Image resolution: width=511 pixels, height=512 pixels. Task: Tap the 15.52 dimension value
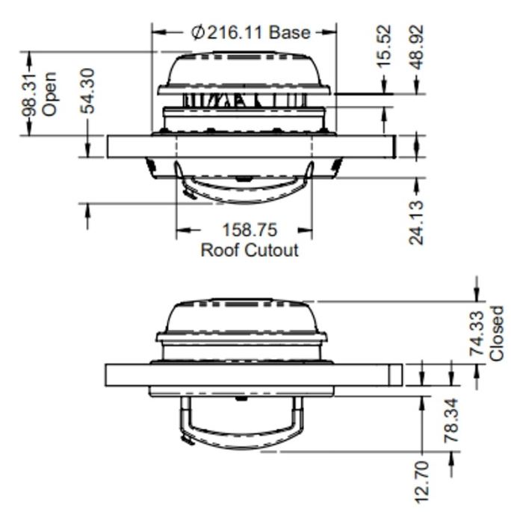pyautogui.click(x=383, y=46)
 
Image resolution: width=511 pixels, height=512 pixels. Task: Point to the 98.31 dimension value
pyautogui.click(x=29, y=93)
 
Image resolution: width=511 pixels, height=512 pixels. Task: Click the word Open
pyautogui.click(x=49, y=94)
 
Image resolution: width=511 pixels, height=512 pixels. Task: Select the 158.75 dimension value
pyautogui.click(x=249, y=231)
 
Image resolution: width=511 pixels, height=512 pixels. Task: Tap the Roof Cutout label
pyautogui.click(x=249, y=250)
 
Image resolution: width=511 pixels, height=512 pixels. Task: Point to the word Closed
pyautogui.click(x=497, y=334)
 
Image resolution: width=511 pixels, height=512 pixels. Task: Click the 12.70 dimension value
pyautogui.click(x=421, y=481)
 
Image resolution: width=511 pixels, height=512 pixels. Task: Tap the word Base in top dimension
pyautogui.click(x=290, y=32)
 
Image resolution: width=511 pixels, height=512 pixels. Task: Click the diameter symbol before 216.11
pyautogui.click(x=197, y=32)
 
